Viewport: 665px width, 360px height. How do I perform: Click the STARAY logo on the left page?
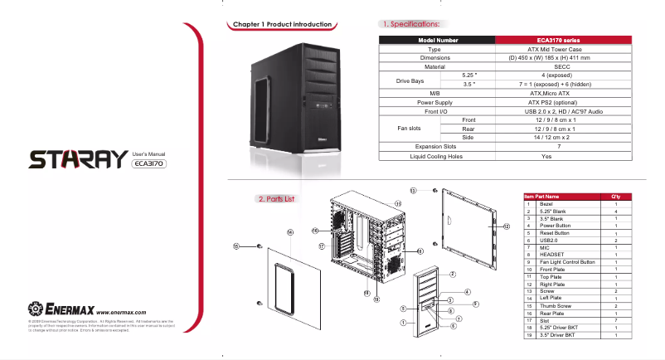click(x=79, y=159)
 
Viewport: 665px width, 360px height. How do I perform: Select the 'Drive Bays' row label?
click(x=411, y=80)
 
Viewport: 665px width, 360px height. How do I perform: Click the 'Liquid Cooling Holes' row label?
click(x=433, y=156)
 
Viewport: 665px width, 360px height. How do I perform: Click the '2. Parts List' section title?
click(x=275, y=199)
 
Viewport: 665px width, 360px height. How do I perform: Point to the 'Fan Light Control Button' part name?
click(x=567, y=262)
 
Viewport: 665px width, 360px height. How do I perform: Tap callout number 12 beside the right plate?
click(x=505, y=226)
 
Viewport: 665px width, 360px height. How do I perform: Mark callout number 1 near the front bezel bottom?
click(x=402, y=323)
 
